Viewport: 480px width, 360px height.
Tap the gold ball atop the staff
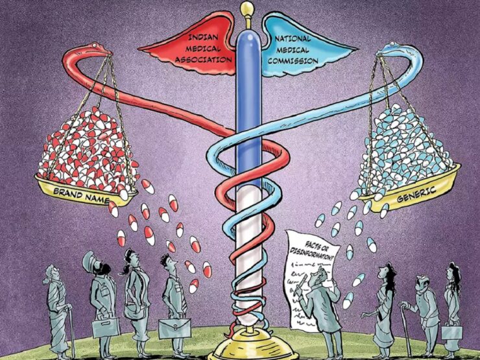pos(246,9)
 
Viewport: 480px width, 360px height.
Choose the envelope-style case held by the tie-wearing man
pos(174,328)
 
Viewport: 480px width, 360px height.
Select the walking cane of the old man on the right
pos(407,331)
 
